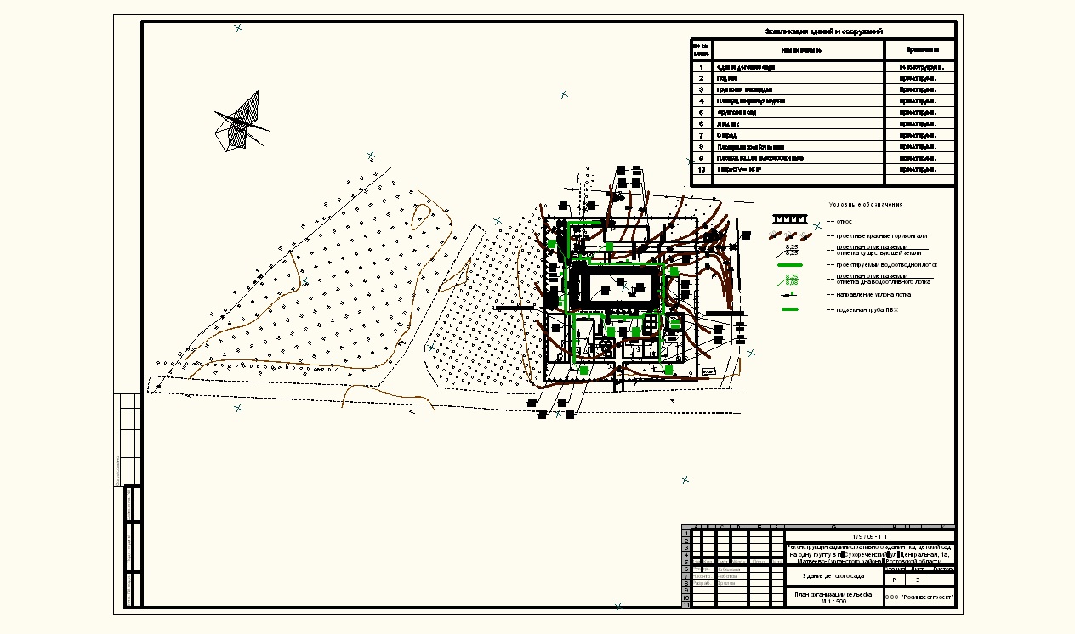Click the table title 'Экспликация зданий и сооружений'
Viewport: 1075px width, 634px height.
[822, 31]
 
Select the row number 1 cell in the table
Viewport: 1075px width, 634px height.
[701, 66]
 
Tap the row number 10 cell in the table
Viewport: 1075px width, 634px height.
[701, 170]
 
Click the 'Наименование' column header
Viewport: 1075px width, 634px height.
[797, 50]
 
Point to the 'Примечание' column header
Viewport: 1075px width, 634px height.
[920, 50]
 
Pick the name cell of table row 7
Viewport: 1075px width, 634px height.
[797, 135]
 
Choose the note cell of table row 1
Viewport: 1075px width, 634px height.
[920, 66]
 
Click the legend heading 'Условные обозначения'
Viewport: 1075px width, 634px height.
[866, 205]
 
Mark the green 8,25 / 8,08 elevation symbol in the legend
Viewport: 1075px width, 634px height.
[792, 280]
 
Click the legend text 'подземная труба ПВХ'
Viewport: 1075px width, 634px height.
[867, 309]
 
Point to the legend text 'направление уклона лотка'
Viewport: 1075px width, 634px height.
[873, 295]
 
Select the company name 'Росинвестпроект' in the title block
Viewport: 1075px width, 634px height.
[921, 597]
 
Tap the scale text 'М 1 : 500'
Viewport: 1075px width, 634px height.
[833, 602]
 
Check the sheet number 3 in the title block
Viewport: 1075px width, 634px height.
[918, 580]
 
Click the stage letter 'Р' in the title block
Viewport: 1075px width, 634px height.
[894, 580]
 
